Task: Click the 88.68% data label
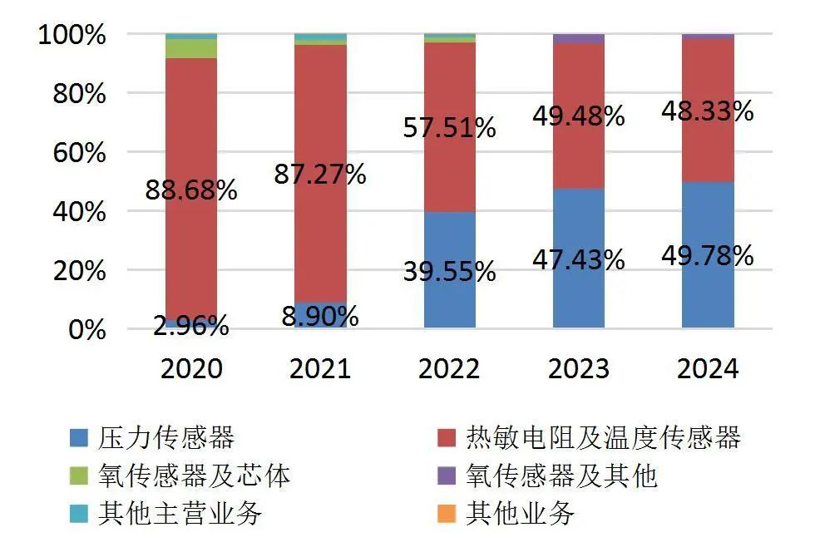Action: point(191,190)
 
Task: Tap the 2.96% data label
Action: point(191,326)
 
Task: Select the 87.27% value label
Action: point(320,175)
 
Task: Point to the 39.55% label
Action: point(450,271)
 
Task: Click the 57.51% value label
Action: point(450,127)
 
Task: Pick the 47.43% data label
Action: point(579,259)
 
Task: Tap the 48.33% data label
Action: point(708,111)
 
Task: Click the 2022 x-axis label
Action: point(450,368)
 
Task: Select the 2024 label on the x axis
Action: point(708,368)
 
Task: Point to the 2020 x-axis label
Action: point(191,368)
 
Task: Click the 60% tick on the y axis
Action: point(73,153)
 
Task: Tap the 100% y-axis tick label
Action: point(73,36)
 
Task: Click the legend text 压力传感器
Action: point(166,437)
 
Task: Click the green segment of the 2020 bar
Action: point(191,48)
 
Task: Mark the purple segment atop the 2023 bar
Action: point(579,38)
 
